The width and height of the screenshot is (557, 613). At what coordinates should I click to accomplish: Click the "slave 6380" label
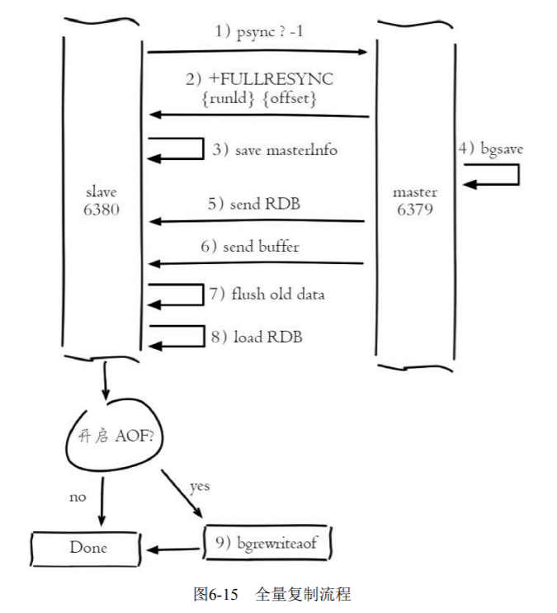pos(102,200)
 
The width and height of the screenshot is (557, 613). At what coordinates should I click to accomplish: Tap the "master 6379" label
pos(415,200)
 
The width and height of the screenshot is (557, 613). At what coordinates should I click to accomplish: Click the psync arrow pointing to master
pos(257,52)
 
